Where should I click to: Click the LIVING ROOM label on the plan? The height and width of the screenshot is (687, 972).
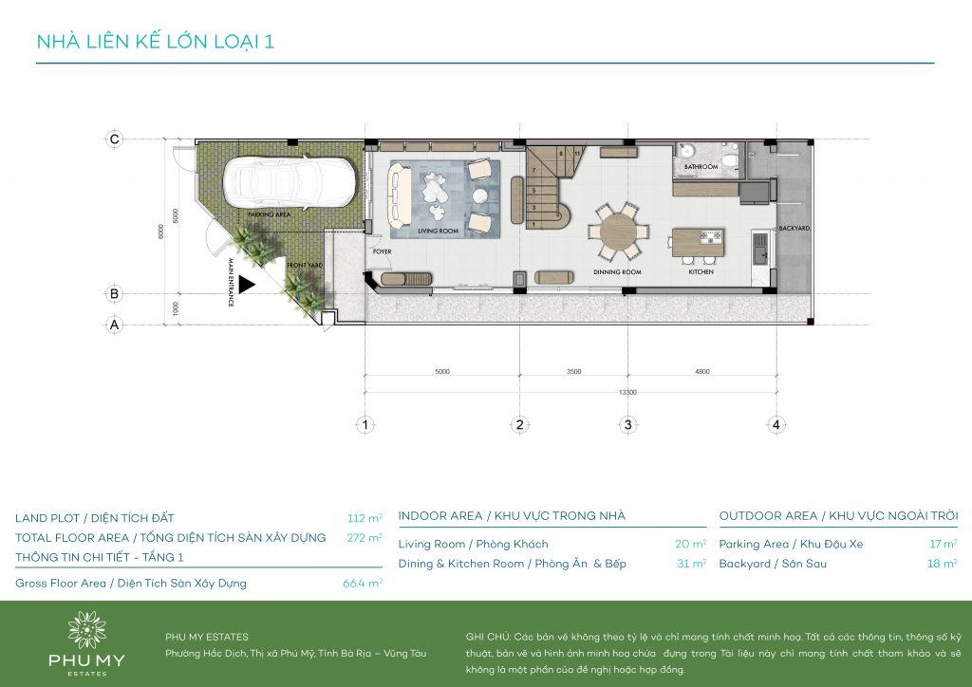tap(439, 232)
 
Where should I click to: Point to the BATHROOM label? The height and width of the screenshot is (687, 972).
tap(701, 166)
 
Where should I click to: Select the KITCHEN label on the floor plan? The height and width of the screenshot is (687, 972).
tap(701, 272)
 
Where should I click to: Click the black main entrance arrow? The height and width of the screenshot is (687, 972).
tap(246, 284)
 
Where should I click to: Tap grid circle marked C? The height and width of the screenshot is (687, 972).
tap(115, 139)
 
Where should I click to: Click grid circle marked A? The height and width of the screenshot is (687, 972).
tap(115, 325)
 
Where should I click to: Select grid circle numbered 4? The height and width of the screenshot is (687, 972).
tap(776, 425)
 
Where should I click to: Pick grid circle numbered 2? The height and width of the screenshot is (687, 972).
tap(519, 425)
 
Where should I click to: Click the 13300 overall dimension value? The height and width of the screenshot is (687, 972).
tap(626, 392)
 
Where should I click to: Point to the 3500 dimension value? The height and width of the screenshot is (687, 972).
tap(573, 372)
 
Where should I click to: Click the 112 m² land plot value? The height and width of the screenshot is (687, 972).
tap(364, 518)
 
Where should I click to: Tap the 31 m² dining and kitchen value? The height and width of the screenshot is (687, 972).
tap(692, 564)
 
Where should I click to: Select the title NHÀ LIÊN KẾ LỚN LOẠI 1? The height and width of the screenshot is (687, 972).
tap(155, 42)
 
